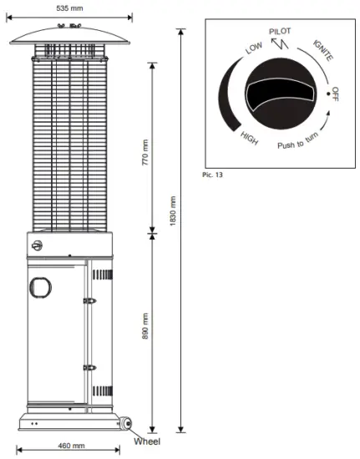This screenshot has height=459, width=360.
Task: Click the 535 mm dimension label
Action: pos(69,8)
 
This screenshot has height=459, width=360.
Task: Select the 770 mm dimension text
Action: pos(145,152)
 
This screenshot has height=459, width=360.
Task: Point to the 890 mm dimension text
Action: pos(145,326)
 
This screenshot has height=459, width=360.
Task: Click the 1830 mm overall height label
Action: pos(173,211)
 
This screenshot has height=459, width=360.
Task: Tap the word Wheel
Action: pos(147,441)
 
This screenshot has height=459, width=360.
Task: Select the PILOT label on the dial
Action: pos(280,31)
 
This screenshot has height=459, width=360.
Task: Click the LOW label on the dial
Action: pos(254,48)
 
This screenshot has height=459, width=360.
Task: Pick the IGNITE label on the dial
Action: pos(323,50)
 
